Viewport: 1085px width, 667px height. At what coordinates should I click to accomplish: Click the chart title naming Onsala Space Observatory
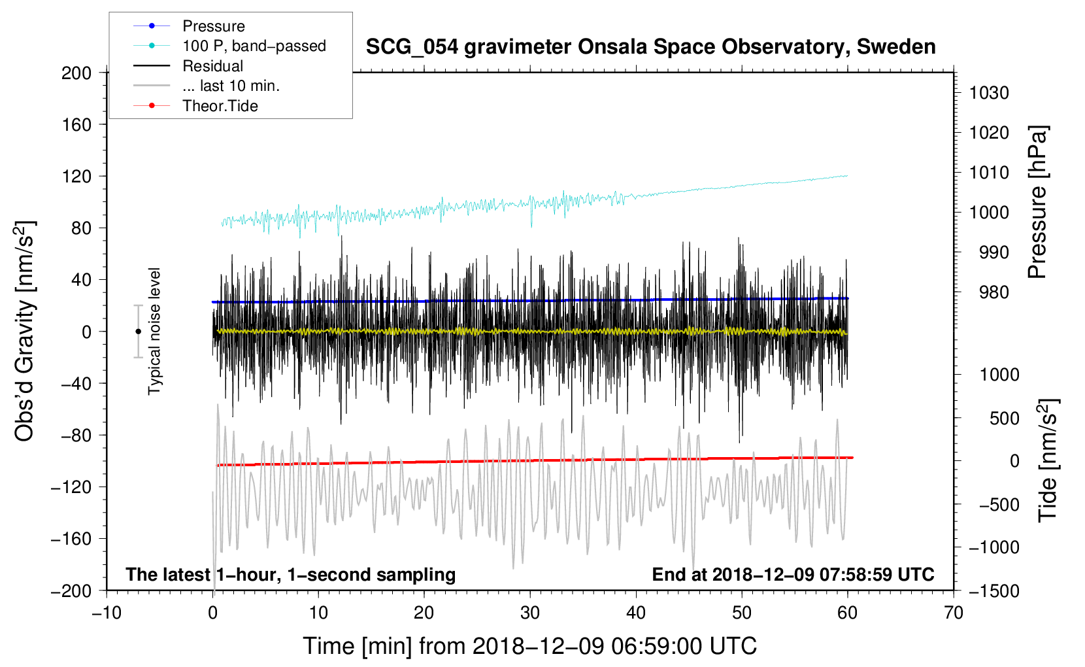[650, 47]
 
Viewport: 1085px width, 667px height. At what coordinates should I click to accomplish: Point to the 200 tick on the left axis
[76, 73]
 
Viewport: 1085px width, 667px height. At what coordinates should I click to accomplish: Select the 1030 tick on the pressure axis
[989, 93]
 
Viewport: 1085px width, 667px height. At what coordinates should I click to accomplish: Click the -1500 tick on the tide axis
[993, 590]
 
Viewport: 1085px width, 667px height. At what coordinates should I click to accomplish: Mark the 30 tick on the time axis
[530, 613]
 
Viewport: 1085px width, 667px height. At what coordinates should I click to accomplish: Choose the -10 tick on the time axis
[107, 613]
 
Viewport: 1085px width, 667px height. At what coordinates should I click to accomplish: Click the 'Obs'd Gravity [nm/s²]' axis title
[24, 331]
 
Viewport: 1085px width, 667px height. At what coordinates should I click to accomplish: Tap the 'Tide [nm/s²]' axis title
[1048, 460]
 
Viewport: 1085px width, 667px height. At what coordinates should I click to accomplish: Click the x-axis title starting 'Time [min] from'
[529, 646]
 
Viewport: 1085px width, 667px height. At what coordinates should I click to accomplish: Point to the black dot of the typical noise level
[138, 332]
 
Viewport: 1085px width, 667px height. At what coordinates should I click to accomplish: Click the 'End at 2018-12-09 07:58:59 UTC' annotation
[793, 575]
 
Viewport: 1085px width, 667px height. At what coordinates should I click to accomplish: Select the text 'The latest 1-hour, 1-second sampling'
[290, 575]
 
